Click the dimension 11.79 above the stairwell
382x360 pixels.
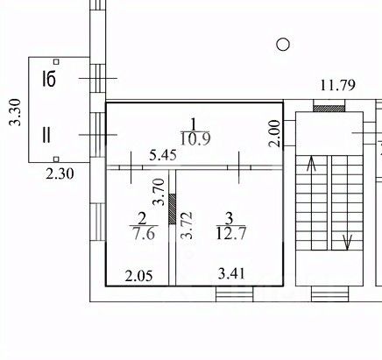(338, 85)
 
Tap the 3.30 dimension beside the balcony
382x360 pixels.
(15, 112)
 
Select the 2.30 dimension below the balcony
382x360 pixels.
(60, 174)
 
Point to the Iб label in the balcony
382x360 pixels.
(49, 79)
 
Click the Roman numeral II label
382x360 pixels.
(46, 135)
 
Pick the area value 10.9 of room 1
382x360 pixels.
(195, 138)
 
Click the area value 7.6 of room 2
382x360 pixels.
(144, 233)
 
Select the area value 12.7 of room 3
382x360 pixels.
(231, 233)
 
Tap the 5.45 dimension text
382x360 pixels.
(163, 155)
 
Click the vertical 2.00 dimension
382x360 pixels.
(275, 133)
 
